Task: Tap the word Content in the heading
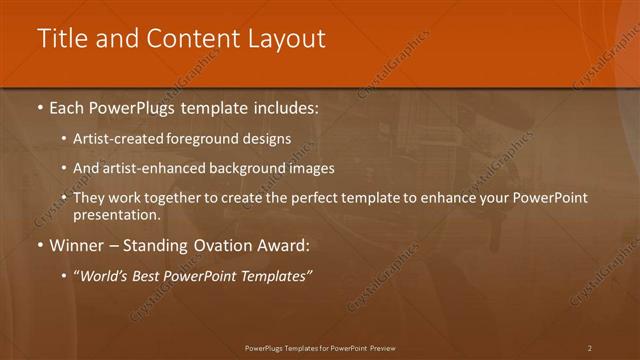[x=186, y=39]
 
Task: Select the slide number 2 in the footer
[x=590, y=347]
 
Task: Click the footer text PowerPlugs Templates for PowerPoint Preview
[x=320, y=347]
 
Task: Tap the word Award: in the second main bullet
[x=290, y=245]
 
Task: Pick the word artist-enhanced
[x=147, y=169]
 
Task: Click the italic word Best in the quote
[x=147, y=275]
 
